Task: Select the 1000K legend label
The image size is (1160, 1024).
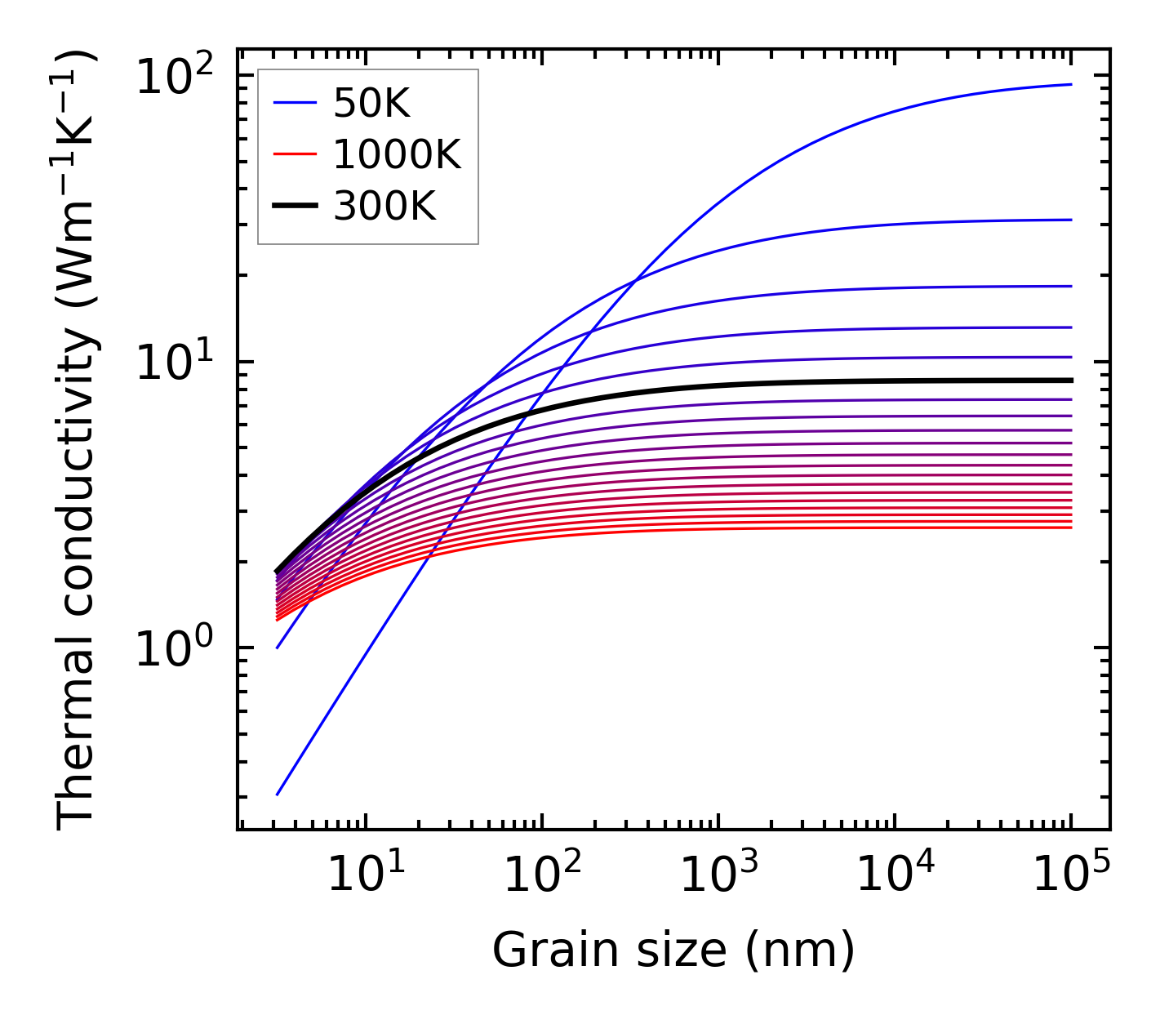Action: point(397,154)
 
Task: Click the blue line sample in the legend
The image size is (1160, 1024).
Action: point(294,103)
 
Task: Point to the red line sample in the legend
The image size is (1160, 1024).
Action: point(294,154)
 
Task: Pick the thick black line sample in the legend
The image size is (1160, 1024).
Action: point(294,207)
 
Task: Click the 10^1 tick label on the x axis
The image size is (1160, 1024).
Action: point(365,875)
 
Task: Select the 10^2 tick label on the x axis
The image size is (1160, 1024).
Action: point(541,875)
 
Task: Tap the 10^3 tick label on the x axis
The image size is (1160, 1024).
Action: point(718,875)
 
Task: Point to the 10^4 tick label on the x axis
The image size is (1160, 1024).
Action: point(895,875)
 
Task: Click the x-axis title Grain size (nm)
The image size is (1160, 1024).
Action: point(673,951)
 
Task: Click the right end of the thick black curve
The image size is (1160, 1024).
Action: point(1070,381)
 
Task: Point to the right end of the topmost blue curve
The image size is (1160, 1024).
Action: point(1070,84)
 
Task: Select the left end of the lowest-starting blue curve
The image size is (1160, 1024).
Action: point(278,794)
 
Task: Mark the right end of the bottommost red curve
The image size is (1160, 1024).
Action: point(1070,528)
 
